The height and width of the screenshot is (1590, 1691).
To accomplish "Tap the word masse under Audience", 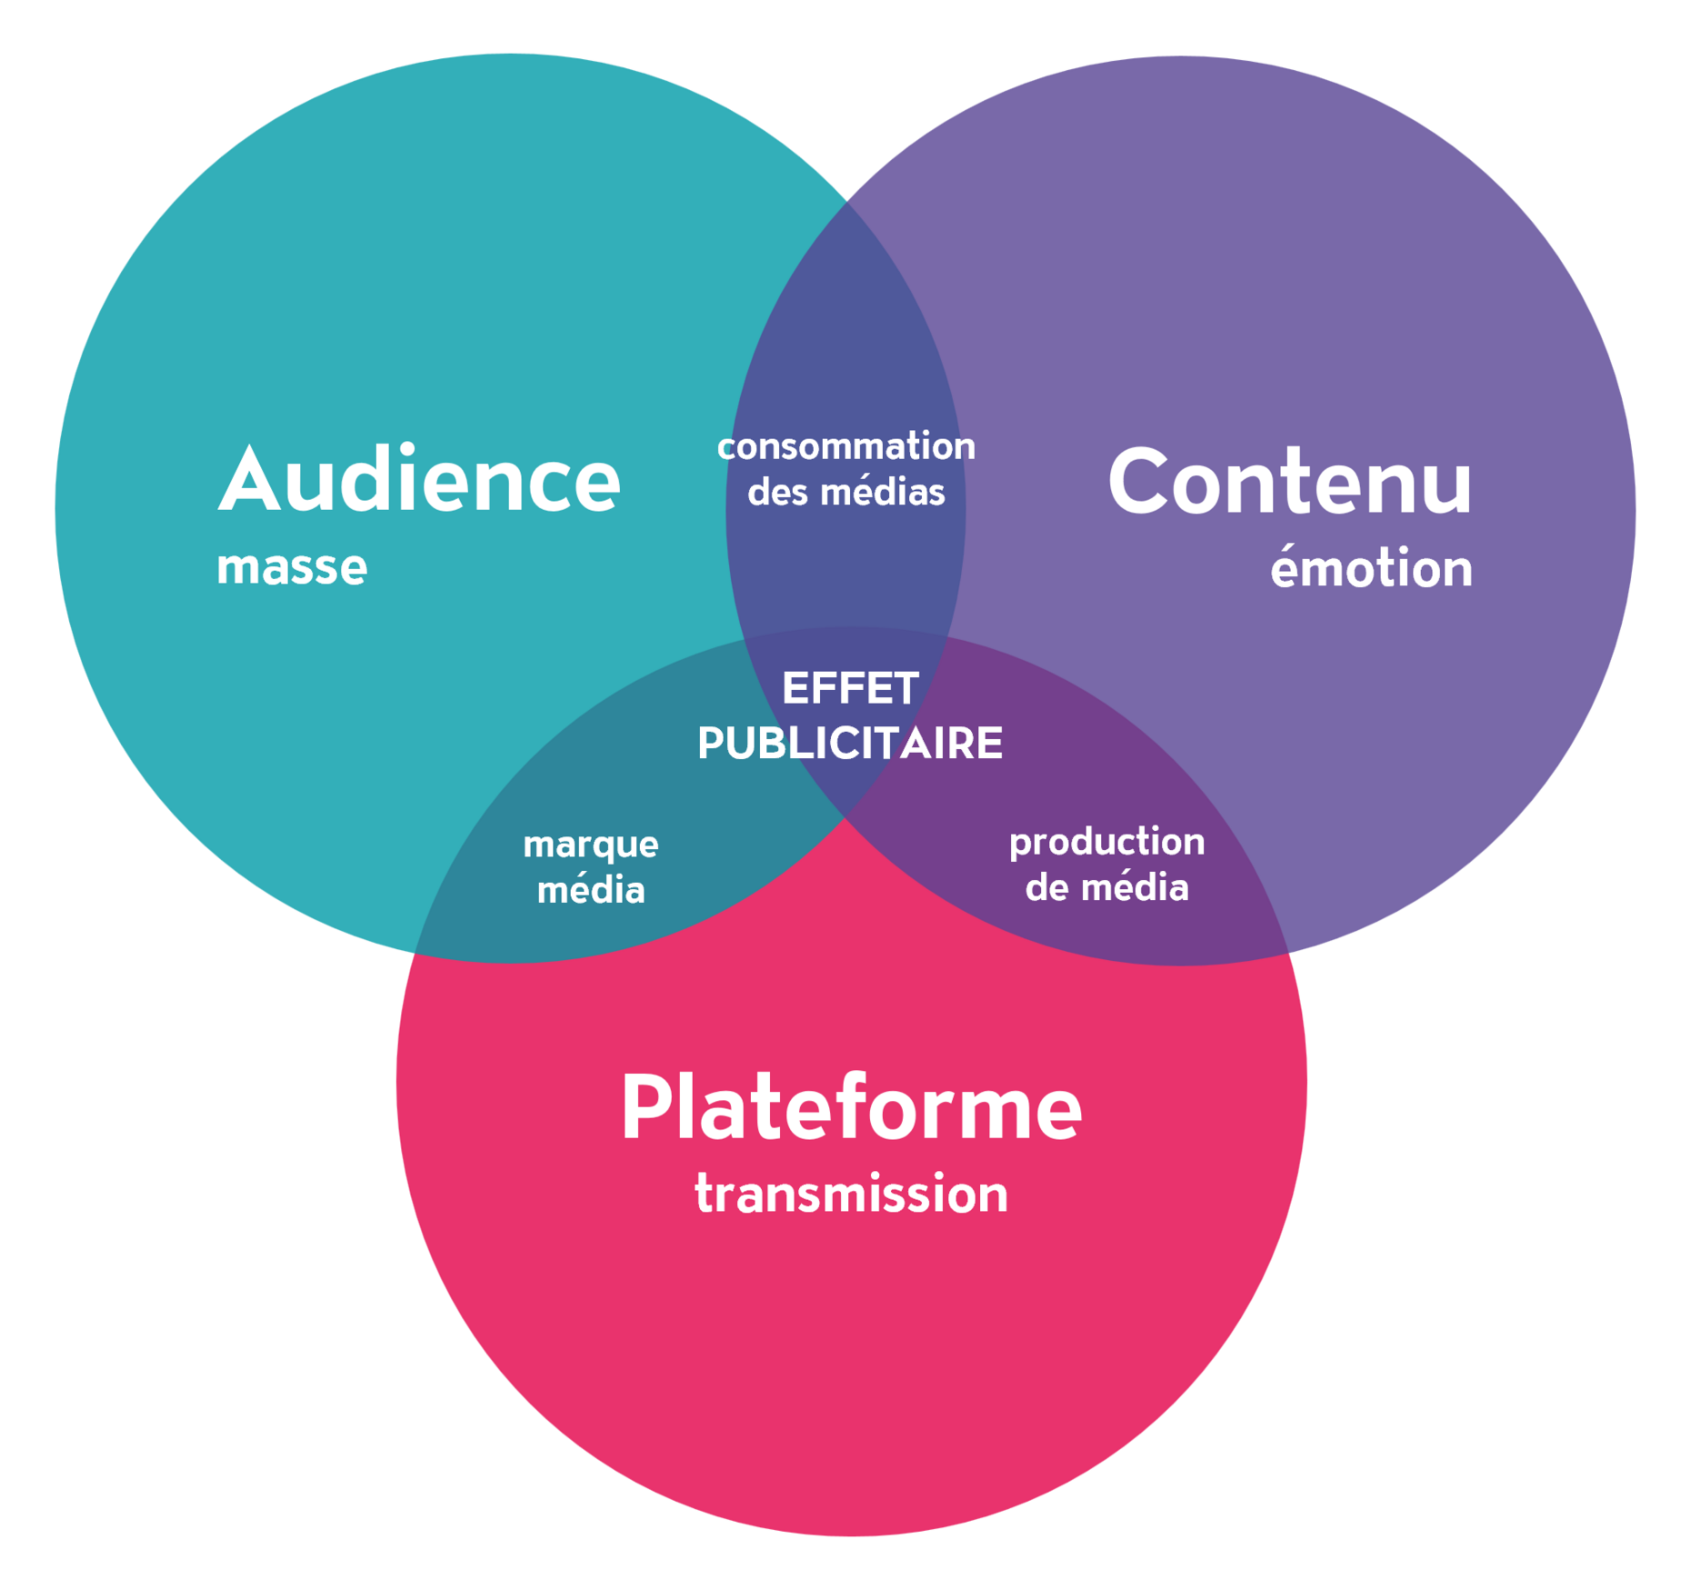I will tap(292, 567).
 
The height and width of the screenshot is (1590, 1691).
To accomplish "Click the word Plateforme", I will tap(851, 1107).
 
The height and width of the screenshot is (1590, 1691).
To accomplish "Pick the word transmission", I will tap(851, 1194).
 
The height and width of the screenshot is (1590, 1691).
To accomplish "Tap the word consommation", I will tap(845, 446).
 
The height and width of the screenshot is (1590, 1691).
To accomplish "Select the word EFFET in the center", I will tap(850, 688).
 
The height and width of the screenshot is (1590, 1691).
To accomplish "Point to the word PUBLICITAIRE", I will tap(850, 743).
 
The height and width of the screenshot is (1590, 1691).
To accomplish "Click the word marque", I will tap(591, 845).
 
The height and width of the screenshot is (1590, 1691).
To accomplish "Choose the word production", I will tap(1106, 842).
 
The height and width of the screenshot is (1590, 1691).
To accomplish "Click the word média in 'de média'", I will tap(1133, 887).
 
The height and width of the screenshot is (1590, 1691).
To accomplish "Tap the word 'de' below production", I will tap(1046, 887).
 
